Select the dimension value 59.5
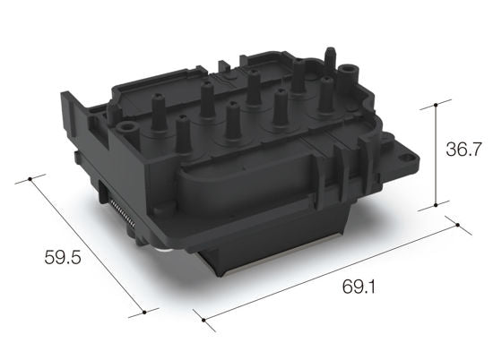(x=63, y=258)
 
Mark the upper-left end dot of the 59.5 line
(x=30, y=179)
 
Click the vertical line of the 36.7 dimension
(x=437, y=152)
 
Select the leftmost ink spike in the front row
(x=182, y=134)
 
